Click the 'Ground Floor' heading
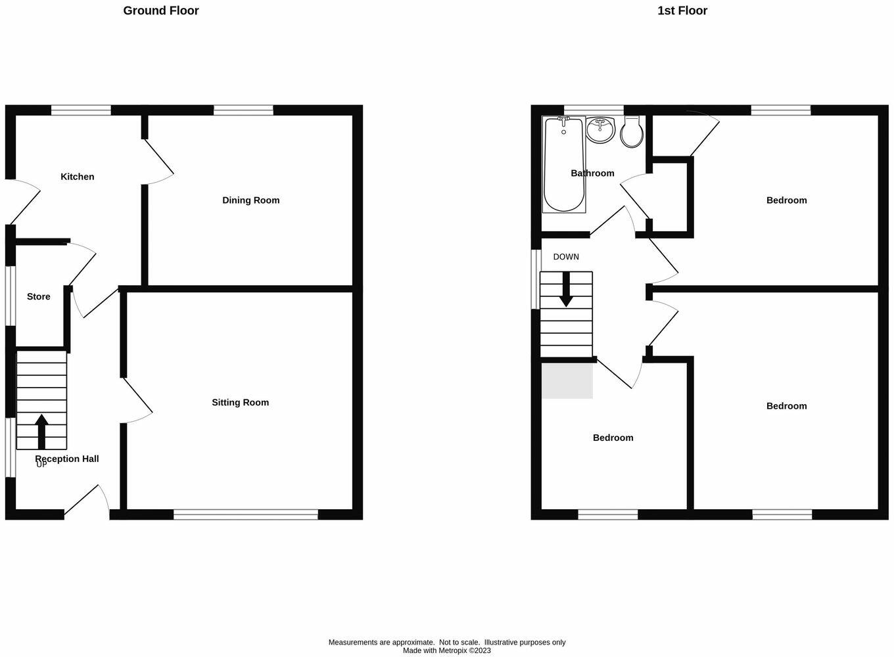[x=161, y=11]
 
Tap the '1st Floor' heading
[x=682, y=11]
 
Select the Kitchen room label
[x=78, y=177]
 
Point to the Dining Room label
[x=250, y=200]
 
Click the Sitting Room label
[x=240, y=403]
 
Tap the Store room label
[x=39, y=297]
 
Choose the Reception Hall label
[x=67, y=459]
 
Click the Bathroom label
[x=592, y=173]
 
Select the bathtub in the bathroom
[x=564, y=164]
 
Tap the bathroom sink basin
[x=600, y=130]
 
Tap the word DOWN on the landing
[x=566, y=257]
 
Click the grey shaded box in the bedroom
[x=567, y=380]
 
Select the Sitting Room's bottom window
[x=246, y=514]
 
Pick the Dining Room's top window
[x=243, y=110]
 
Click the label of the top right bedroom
[x=786, y=200]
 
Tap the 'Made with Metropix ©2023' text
[x=447, y=650]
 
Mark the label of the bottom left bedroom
[x=613, y=438]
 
